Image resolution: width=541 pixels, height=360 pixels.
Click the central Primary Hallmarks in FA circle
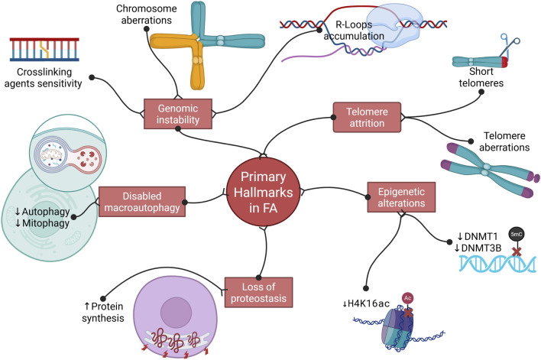[264, 192]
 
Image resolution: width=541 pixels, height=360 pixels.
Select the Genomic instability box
[178, 114]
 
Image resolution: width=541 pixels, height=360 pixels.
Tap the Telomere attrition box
[367, 117]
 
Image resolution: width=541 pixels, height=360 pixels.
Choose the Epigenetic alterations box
[401, 197]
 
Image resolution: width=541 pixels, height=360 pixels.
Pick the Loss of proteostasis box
[258, 292]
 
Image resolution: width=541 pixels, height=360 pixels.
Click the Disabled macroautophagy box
[142, 202]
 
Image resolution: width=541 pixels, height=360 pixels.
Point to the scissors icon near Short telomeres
[509, 44]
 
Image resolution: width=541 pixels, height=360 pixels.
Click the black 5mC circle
[516, 235]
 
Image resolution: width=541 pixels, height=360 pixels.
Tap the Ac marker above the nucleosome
[408, 298]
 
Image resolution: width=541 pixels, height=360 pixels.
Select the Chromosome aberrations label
[146, 15]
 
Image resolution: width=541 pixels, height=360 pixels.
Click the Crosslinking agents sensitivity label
[43, 78]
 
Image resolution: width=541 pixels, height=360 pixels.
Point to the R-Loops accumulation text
[354, 31]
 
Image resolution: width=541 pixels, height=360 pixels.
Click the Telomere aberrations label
[504, 141]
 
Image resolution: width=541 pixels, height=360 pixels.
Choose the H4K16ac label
[366, 303]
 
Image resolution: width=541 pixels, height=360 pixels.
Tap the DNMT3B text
[481, 248]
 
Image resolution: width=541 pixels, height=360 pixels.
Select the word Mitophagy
[46, 223]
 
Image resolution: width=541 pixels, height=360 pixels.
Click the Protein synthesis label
[103, 312]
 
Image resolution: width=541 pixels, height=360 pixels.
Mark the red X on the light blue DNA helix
[517, 252]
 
